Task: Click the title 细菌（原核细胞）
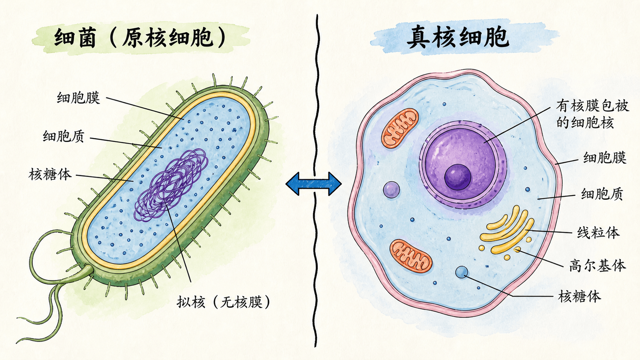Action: coord(140,37)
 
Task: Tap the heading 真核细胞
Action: coord(458,37)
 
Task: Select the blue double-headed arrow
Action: coord(314,184)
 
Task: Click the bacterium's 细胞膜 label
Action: coord(78,98)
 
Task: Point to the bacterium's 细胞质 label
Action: coord(64,136)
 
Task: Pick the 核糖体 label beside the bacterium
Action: coord(50,174)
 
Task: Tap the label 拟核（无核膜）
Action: coord(224,302)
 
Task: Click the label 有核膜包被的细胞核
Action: coord(592,114)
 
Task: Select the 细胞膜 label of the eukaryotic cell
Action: coord(604,158)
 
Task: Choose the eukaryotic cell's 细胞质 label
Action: coord(602,194)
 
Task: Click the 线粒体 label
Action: coord(598,233)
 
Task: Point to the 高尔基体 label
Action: coord(598,266)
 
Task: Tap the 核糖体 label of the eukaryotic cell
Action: coord(580,296)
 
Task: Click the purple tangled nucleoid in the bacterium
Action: coord(171,185)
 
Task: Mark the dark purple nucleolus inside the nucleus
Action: coord(458,177)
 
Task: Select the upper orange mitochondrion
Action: coord(400,128)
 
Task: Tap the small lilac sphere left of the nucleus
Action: coord(392,189)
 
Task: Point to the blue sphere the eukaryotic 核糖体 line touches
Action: coord(462,272)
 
